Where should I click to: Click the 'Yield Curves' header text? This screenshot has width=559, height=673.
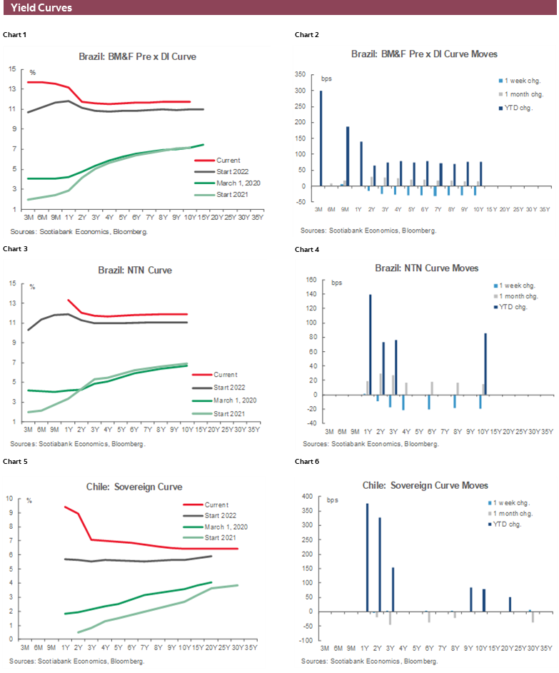click(41, 9)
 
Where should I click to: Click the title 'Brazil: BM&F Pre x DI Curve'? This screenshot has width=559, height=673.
click(137, 56)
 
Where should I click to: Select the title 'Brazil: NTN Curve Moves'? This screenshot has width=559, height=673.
click(426, 268)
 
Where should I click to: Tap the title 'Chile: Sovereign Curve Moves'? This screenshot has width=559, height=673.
click(425, 485)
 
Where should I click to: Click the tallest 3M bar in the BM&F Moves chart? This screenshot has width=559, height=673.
click(321, 138)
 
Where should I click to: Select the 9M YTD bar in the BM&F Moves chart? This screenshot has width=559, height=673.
click(348, 156)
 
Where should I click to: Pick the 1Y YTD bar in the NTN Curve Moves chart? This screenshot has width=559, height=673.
click(370, 344)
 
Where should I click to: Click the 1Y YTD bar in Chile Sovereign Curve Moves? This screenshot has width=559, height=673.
click(367, 557)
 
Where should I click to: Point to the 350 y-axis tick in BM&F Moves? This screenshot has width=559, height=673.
click(301, 74)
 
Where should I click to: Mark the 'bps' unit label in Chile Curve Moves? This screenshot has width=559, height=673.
click(332, 500)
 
